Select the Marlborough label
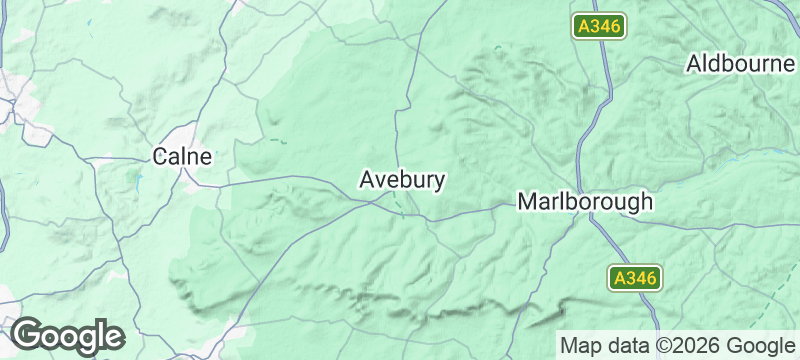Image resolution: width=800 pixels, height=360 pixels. pos(585,201)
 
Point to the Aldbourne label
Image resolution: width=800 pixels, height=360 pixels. pos(740,64)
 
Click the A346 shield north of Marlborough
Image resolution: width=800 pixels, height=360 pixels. pos(599,27)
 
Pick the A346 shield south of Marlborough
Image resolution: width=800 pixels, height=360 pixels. pos(635,279)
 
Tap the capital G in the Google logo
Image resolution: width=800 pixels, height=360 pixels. pos(27,335)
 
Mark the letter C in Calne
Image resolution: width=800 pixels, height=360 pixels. pos(160,156)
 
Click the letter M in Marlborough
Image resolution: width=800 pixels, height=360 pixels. pos(527,201)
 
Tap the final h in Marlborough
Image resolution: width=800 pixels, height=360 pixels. pos(646,201)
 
